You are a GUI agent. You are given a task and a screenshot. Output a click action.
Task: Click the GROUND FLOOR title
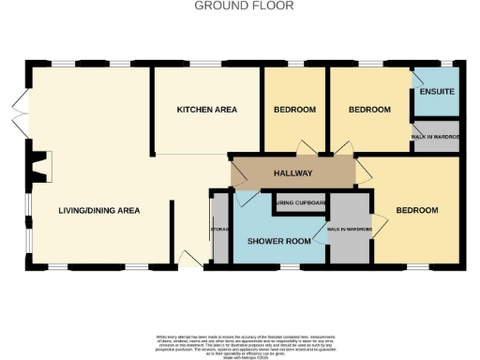244,6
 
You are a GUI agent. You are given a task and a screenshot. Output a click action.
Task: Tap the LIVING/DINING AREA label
98,211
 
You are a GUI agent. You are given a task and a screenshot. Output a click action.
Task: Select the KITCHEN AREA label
207,110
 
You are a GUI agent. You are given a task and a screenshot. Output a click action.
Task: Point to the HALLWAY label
292,173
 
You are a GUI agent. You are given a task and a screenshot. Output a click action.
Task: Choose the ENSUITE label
437,92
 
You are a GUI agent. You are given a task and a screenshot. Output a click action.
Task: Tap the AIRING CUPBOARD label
300,202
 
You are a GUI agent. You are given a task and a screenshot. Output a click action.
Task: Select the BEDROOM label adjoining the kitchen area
294,110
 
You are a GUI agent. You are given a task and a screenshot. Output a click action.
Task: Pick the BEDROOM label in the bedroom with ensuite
369,110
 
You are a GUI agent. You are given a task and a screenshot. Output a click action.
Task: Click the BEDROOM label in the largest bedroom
417,210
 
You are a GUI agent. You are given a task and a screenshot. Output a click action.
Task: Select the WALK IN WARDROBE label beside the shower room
349,229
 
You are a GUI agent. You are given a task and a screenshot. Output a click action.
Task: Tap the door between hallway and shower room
247,196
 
